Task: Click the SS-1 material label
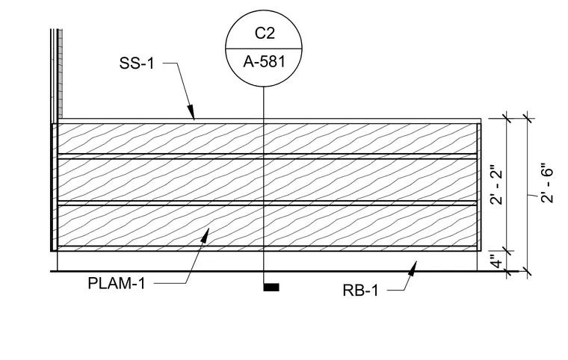tap(137, 63)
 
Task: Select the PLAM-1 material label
tap(117, 283)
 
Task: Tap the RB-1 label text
tap(360, 291)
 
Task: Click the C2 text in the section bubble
tap(265, 34)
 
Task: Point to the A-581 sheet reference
tap(265, 62)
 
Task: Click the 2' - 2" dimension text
tap(497, 185)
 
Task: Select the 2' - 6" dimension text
tap(547, 183)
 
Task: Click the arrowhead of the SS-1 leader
tap(191, 111)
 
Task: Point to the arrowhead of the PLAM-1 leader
tap(205, 235)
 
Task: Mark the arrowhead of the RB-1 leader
tap(413, 268)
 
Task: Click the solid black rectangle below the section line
tap(271, 288)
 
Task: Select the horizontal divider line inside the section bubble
tap(264, 48)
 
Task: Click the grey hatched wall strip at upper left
tap(60, 73)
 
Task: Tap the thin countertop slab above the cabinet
tap(270, 121)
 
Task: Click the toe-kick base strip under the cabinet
tap(268, 261)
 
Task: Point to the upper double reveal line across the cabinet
tap(267, 156)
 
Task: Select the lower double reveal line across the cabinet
tap(267, 203)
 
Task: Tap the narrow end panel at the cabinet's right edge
tap(479, 187)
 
